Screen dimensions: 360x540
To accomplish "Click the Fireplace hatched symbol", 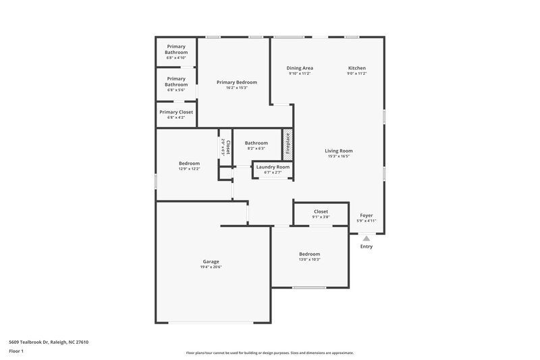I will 287,144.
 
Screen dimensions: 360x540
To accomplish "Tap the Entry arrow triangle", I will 366,238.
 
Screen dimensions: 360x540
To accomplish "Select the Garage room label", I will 211,261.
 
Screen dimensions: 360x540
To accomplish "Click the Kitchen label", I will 356,68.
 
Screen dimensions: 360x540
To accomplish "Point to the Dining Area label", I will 299,68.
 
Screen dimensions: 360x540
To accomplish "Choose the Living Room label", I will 338,151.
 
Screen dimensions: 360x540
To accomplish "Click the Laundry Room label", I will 273,167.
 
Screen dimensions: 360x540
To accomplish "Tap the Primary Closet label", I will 175,112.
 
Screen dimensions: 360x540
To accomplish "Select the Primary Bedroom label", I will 236,82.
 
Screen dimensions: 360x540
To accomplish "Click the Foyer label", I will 366,215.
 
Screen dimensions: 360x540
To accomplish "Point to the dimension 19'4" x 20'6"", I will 211,267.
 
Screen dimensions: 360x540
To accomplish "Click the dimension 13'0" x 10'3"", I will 309,259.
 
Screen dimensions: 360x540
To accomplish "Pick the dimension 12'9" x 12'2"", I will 189,169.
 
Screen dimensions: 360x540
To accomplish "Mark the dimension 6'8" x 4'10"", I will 176,58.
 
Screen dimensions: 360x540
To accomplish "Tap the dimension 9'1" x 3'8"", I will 321,217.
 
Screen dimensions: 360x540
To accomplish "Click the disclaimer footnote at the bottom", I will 269,353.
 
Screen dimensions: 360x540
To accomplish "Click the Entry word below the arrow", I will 366,247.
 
